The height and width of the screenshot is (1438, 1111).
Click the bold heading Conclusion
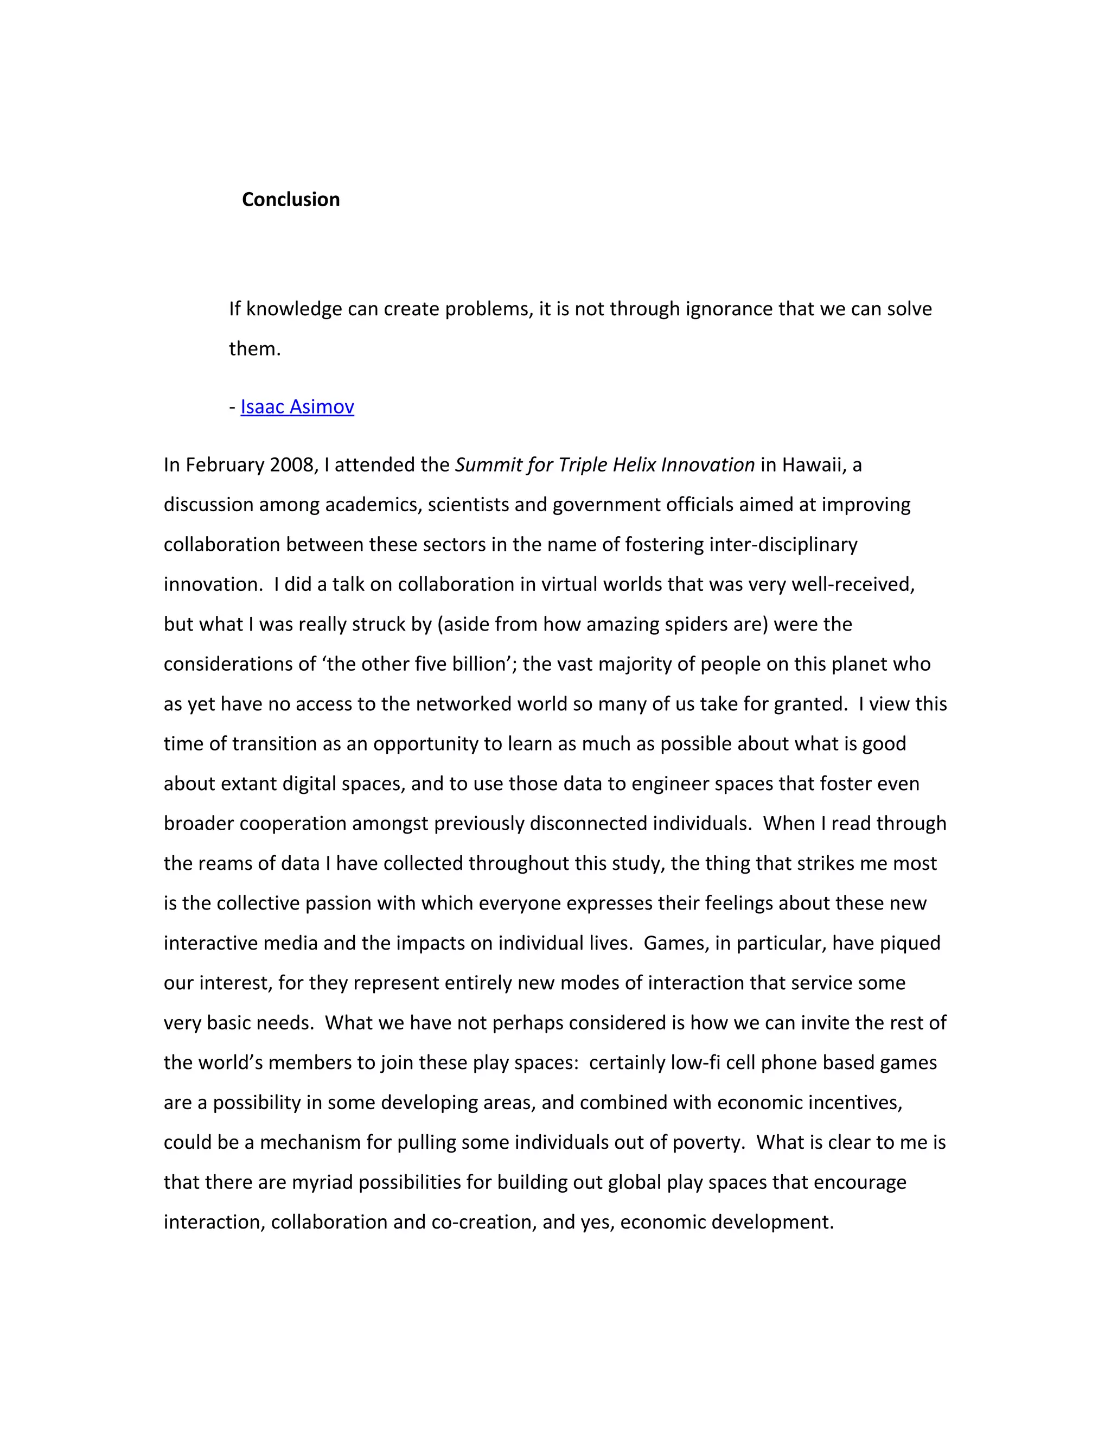[290, 200]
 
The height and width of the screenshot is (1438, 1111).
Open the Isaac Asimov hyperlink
[297, 407]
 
